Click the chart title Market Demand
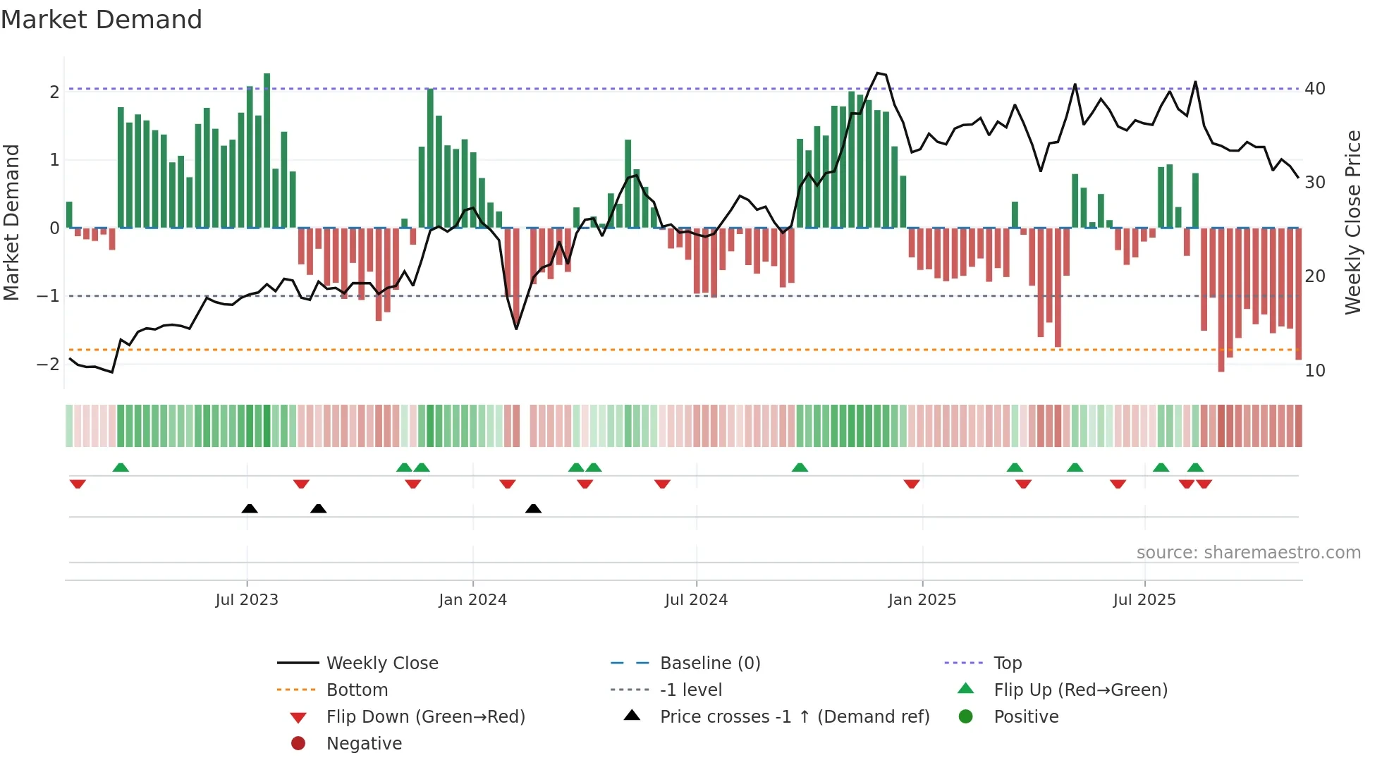point(102,20)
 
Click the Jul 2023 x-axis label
point(247,600)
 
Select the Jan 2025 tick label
point(922,600)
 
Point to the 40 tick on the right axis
point(1314,89)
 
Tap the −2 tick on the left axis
point(48,365)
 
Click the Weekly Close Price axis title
point(1352,222)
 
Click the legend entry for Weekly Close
point(381,663)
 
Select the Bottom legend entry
point(357,690)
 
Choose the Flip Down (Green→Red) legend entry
point(425,717)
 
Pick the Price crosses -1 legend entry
point(794,717)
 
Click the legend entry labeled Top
point(1008,663)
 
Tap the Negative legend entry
point(364,744)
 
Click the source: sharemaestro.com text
point(1248,553)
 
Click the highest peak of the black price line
point(878,73)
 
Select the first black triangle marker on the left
point(250,508)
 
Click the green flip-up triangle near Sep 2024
point(800,467)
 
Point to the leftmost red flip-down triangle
point(78,484)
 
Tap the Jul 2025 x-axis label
point(1144,600)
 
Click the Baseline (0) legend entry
point(709,663)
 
